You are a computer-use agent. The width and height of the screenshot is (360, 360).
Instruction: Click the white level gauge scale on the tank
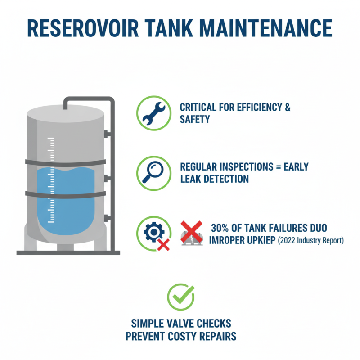51,180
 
